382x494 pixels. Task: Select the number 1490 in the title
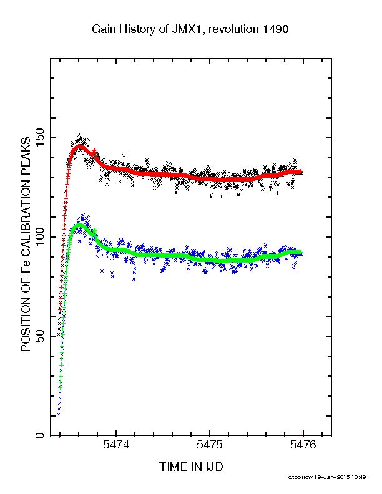click(275, 29)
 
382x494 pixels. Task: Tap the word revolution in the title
click(233, 29)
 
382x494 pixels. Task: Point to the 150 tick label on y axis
click(41, 138)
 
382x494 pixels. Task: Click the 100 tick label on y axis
click(41, 237)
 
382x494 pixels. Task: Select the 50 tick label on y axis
click(41, 336)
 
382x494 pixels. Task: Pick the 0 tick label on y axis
click(41, 435)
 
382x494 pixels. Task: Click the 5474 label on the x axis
click(116, 445)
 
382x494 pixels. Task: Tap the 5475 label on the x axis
click(209, 445)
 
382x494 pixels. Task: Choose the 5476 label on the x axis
click(303, 445)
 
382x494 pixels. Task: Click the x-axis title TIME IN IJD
click(191, 467)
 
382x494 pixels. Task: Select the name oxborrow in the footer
click(300, 477)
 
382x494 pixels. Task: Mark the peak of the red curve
click(80, 147)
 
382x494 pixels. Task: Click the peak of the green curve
click(79, 225)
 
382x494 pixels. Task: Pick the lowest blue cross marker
click(59, 414)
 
